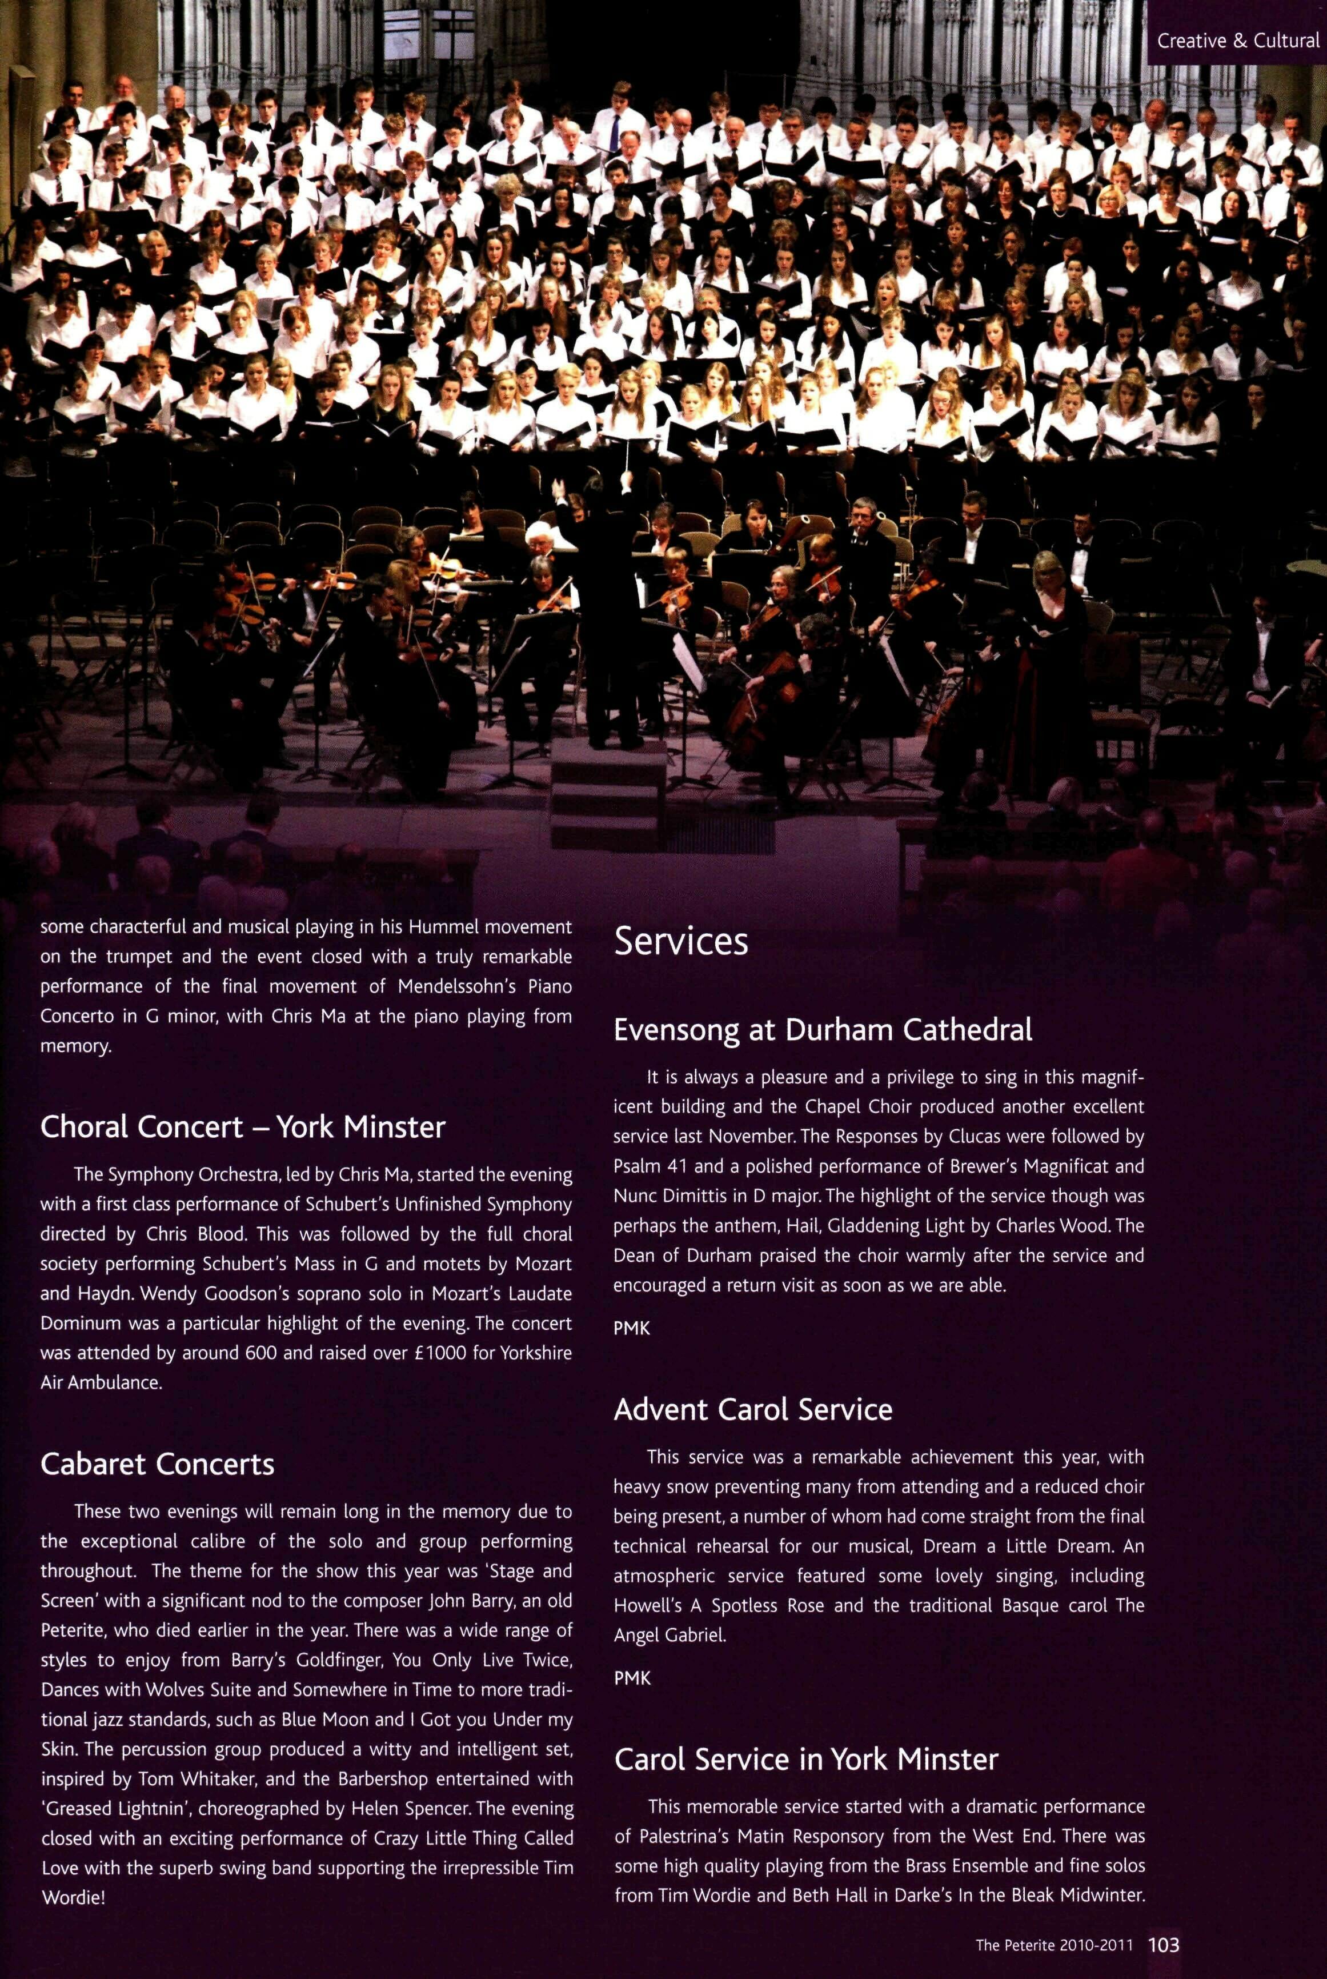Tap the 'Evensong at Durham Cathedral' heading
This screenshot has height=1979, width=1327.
(x=823, y=1029)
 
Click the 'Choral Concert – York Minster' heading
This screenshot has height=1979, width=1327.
(x=242, y=1126)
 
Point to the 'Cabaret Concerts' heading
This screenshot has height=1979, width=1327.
(x=158, y=1464)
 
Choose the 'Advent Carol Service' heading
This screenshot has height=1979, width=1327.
(x=752, y=1409)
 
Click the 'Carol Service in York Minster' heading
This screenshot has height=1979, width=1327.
(x=805, y=1759)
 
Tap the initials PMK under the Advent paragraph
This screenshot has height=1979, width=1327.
(x=631, y=1678)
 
